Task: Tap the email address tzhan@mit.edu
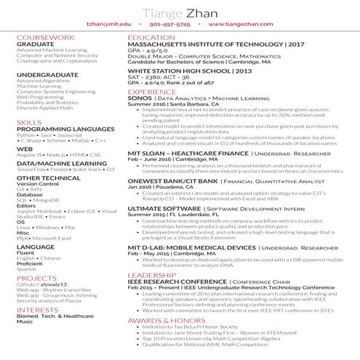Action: (x=110, y=24)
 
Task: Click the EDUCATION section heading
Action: (x=151, y=36)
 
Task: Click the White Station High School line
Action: (x=190, y=71)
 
